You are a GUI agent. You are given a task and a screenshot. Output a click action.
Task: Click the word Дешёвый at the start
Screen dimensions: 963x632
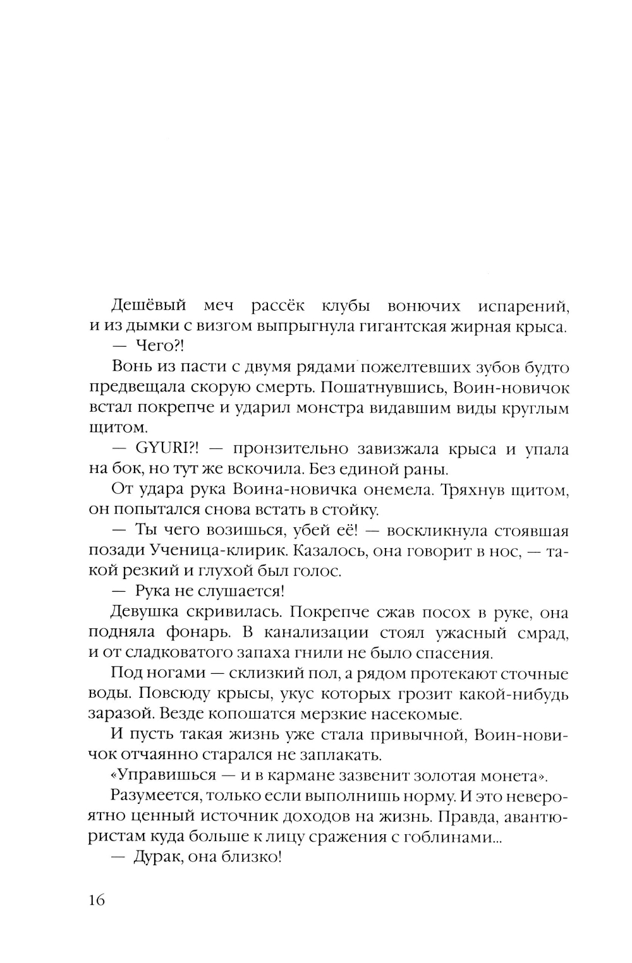(x=149, y=306)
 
